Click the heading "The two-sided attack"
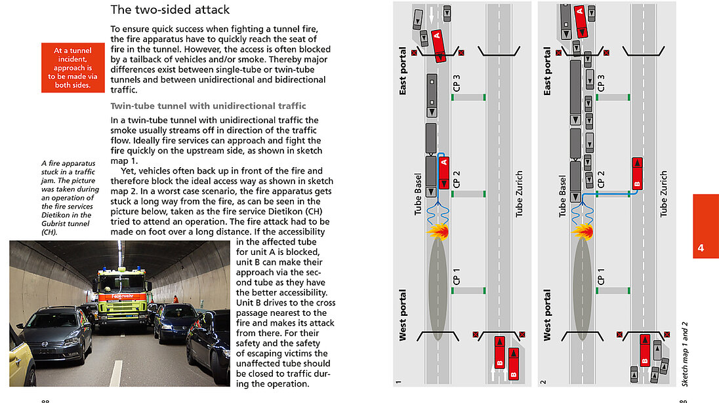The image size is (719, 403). click(170, 10)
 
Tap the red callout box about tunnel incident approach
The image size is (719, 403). click(73, 67)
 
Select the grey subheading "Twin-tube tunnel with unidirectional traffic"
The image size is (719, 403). click(209, 106)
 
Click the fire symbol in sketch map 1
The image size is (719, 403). click(438, 231)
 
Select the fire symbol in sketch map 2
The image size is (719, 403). click(582, 231)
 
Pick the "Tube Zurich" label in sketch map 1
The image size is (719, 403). click(520, 194)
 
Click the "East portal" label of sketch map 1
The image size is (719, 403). click(403, 71)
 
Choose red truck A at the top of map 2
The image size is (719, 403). click(580, 20)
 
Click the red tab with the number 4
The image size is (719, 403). click(705, 225)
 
